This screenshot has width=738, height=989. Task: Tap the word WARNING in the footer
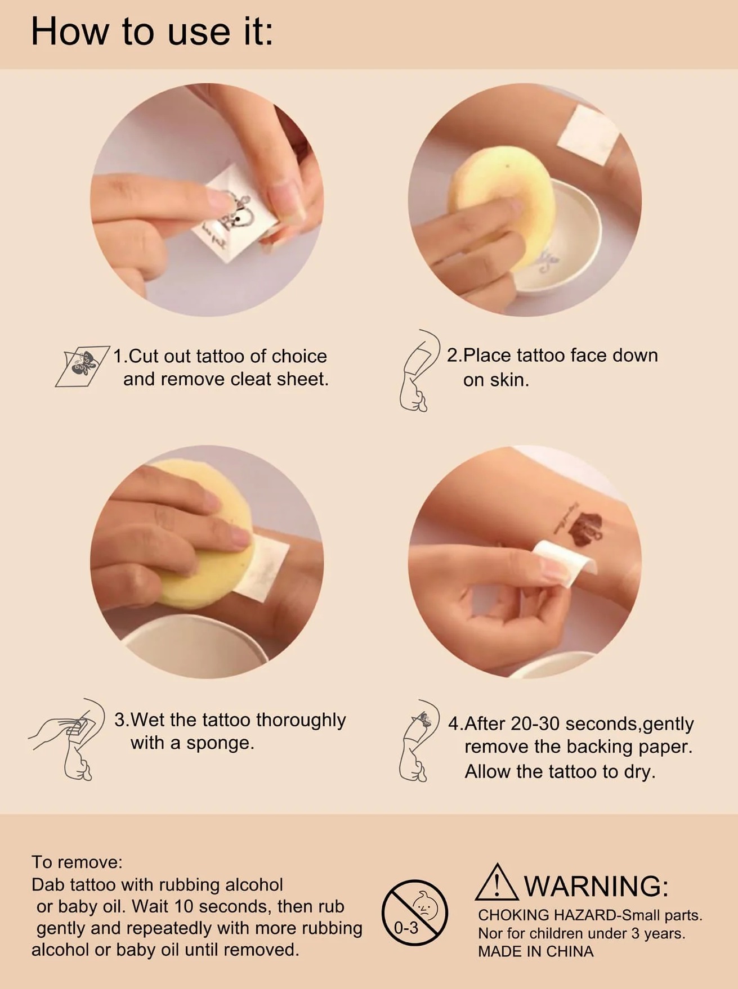(596, 886)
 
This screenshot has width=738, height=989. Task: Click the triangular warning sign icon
(497, 882)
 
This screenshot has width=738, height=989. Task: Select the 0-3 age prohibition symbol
(415, 912)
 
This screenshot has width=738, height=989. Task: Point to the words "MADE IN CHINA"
(535, 951)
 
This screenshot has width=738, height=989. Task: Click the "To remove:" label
(77, 862)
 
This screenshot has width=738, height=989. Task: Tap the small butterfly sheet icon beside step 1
(82, 366)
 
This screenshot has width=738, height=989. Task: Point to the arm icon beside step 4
(419, 740)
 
